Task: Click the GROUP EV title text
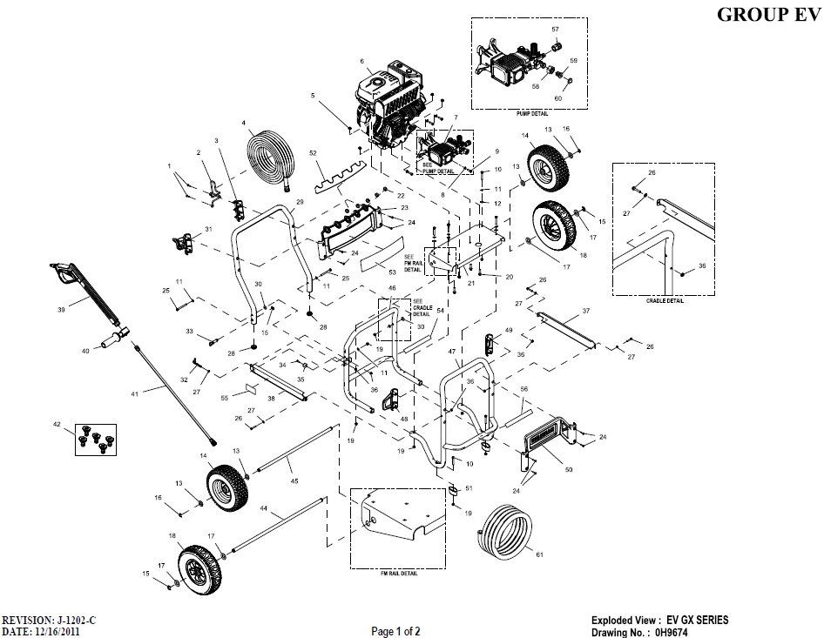point(767,14)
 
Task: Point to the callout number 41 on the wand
point(134,394)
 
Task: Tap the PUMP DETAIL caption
point(531,114)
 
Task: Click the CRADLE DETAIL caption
point(665,301)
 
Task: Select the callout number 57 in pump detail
point(554,30)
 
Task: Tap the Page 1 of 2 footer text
point(396,630)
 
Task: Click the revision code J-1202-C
point(76,620)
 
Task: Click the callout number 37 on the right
point(585,311)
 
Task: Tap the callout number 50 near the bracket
point(568,470)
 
